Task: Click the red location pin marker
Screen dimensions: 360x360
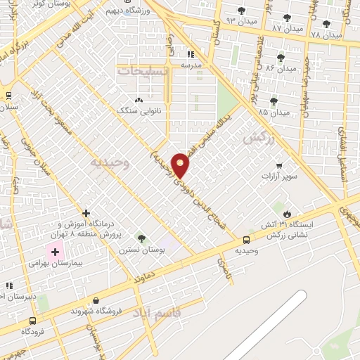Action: pyautogui.click(x=181, y=165)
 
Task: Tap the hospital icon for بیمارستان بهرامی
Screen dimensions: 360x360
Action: pyautogui.click(x=55, y=252)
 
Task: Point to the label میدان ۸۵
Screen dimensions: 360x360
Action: pyautogui.click(x=274, y=112)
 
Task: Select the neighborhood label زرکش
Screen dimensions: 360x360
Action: pyautogui.click(x=257, y=140)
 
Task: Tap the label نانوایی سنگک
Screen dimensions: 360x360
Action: pyautogui.click(x=139, y=110)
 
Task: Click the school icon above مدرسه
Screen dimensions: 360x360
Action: pyautogui.click(x=190, y=54)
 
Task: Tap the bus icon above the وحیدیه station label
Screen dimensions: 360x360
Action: pyautogui.click(x=245, y=240)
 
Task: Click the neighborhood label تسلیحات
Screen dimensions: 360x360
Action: pyautogui.click(x=143, y=71)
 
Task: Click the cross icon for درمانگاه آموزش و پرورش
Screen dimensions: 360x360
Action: pyautogui.click(x=86, y=212)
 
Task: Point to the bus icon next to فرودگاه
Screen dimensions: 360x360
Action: pyautogui.click(x=33, y=320)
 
